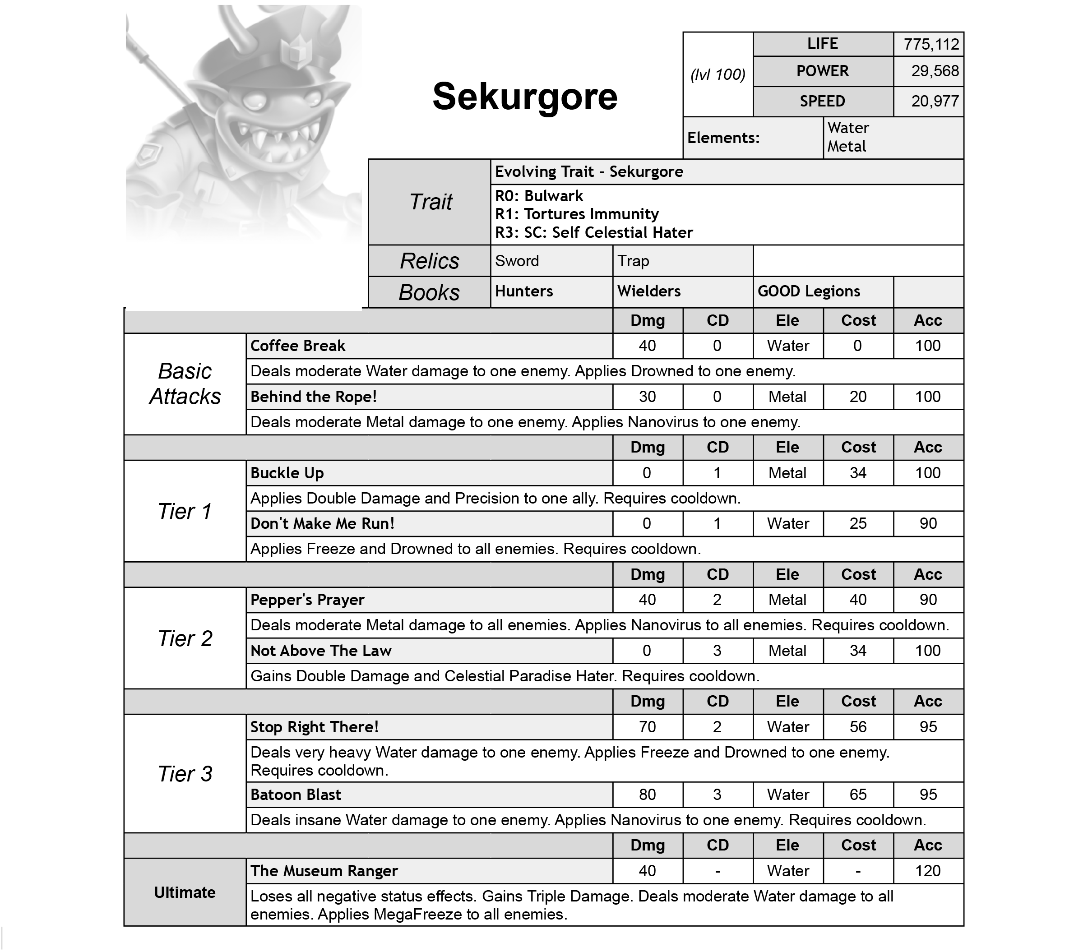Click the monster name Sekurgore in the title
[524, 97]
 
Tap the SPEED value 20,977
[935, 101]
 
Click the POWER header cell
[822, 71]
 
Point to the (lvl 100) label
[717, 74]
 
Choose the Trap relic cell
[633, 261]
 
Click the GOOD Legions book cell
[809, 291]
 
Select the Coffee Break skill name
[297, 346]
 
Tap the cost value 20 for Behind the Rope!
[857, 397]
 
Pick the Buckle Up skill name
[287, 473]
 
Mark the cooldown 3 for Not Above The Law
[717, 650]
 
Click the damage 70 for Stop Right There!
[647, 727]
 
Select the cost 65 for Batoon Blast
[857, 794]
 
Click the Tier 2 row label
[185, 638]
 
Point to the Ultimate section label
[185, 892]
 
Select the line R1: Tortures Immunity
[576, 214]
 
